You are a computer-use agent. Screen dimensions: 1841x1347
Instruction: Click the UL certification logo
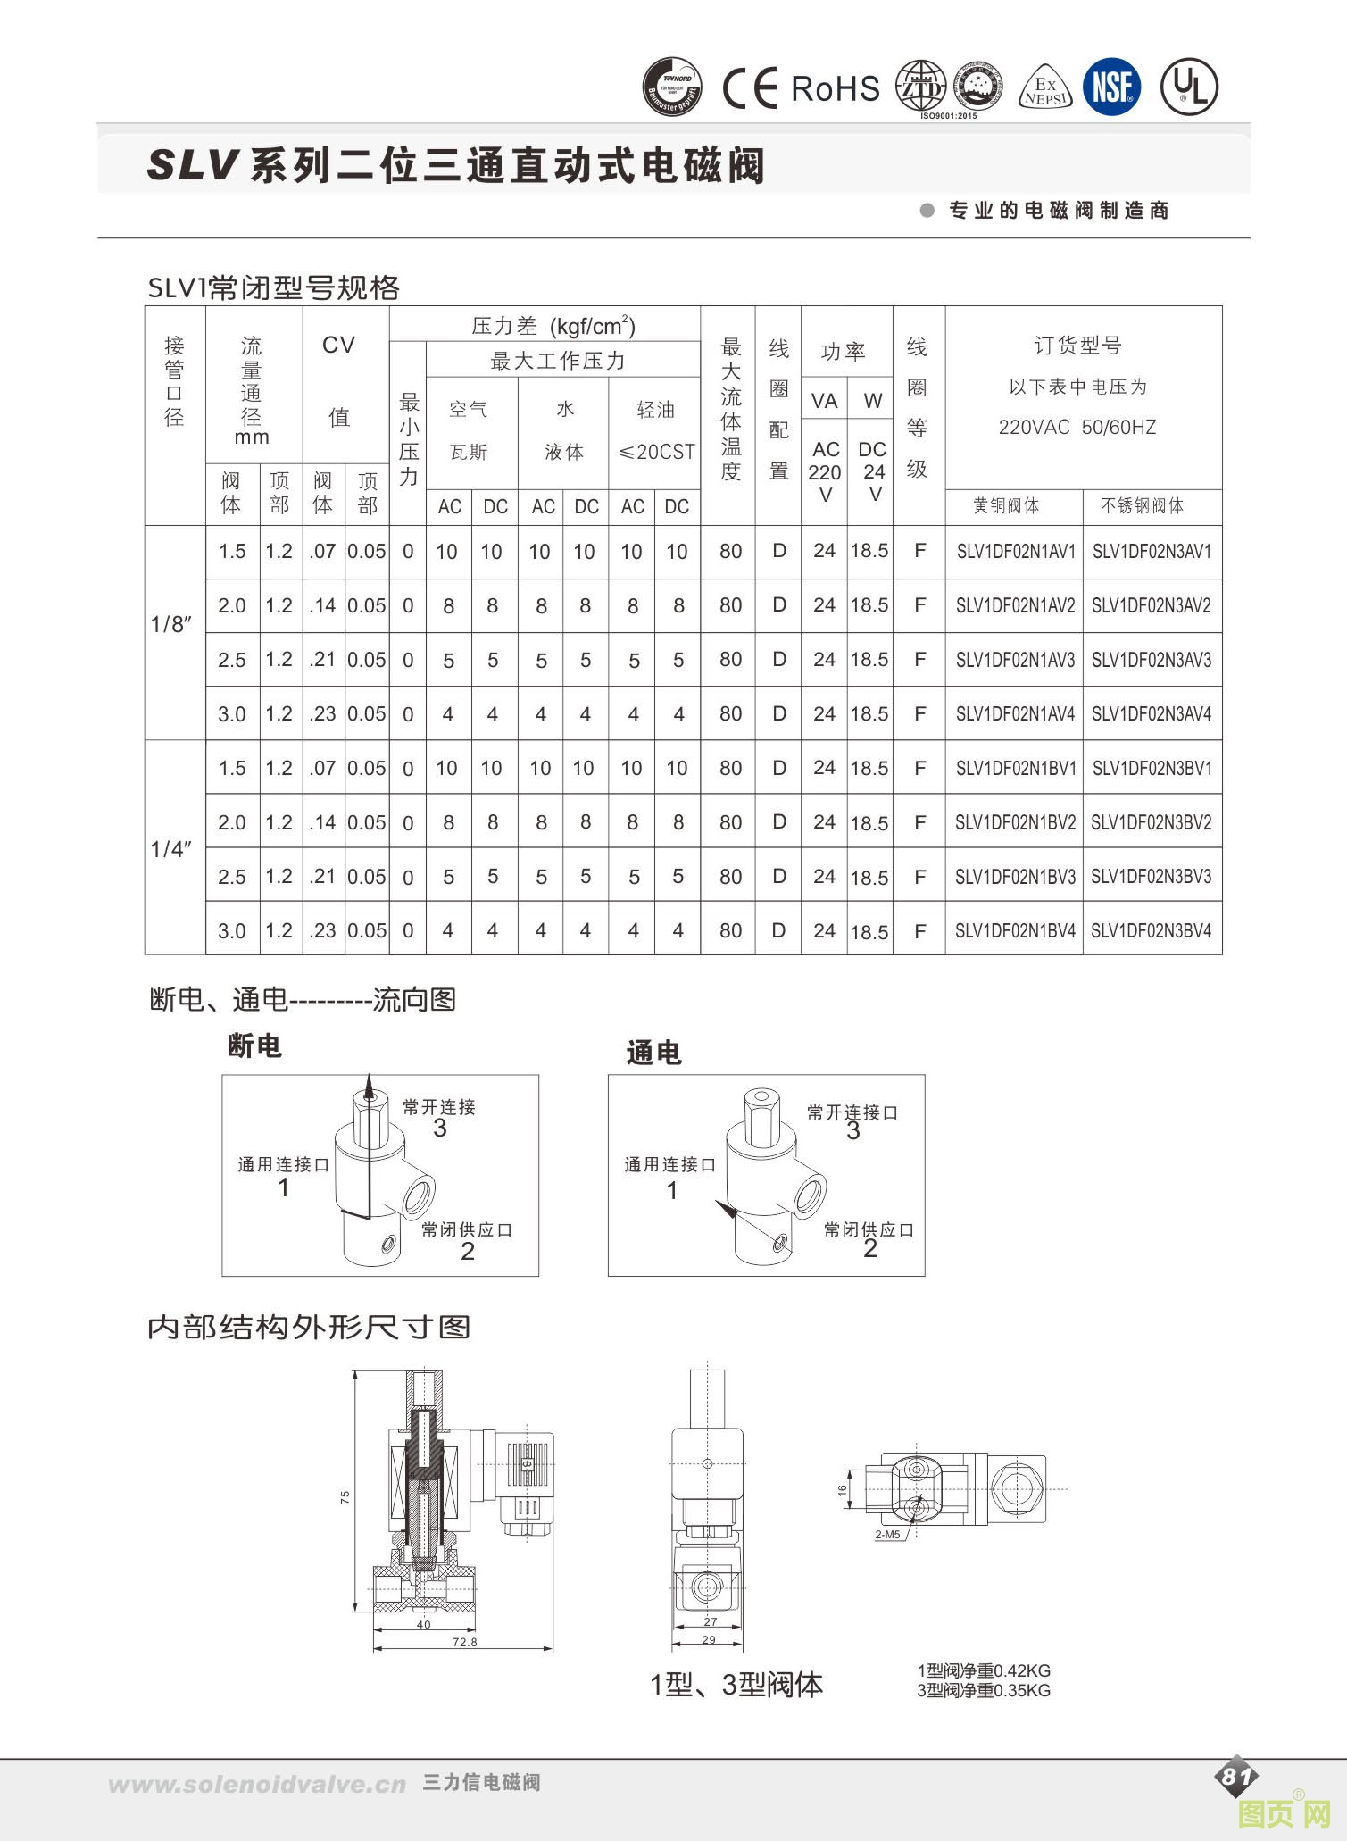pyautogui.click(x=1189, y=87)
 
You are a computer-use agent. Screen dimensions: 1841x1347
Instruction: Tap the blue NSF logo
pyautogui.click(x=1111, y=87)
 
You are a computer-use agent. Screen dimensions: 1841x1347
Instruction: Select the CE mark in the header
pyautogui.click(x=750, y=88)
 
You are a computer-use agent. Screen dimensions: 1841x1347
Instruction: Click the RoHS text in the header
pyautogui.click(x=835, y=88)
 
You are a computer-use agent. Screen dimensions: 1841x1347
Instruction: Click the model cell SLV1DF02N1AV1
pyautogui.click(x=1015, y=552)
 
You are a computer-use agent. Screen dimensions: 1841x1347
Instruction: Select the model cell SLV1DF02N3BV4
pyautogui.click(x=1152, y=930)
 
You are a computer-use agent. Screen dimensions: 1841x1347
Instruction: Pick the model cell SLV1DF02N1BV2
pyautogui.click(x=1015, y=822)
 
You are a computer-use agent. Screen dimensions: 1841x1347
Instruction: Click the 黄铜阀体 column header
pyautogui.click(x=1006, y=506)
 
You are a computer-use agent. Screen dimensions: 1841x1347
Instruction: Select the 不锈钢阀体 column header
pyautogui.click(x=1143, y=506)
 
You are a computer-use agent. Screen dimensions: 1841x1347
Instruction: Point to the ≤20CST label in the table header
pyautogui.click(x=656, y=452)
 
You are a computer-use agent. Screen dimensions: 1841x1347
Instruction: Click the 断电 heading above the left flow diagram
pyautogui.click(x=254, y=1045)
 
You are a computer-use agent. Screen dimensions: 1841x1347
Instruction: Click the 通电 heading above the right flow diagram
pyautogui.click(x=653, y=1054)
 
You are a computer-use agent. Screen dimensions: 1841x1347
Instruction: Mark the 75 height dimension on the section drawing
pyautogui.click(x=345, y=1497)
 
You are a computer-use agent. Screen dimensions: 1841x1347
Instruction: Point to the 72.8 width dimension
pyautogui.click(x=465, y=1642)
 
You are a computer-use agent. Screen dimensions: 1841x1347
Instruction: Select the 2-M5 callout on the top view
pyautogui.click(x=887, y=1534)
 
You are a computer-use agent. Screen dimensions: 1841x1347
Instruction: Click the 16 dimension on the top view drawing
pyautogui.click(x=843, y=1490)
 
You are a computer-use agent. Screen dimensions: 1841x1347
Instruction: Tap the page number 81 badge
pyautogui.click(x=1236, y=1777)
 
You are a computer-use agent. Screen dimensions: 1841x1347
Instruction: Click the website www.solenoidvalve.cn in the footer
pyautogui.click(x=257, y=1785)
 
